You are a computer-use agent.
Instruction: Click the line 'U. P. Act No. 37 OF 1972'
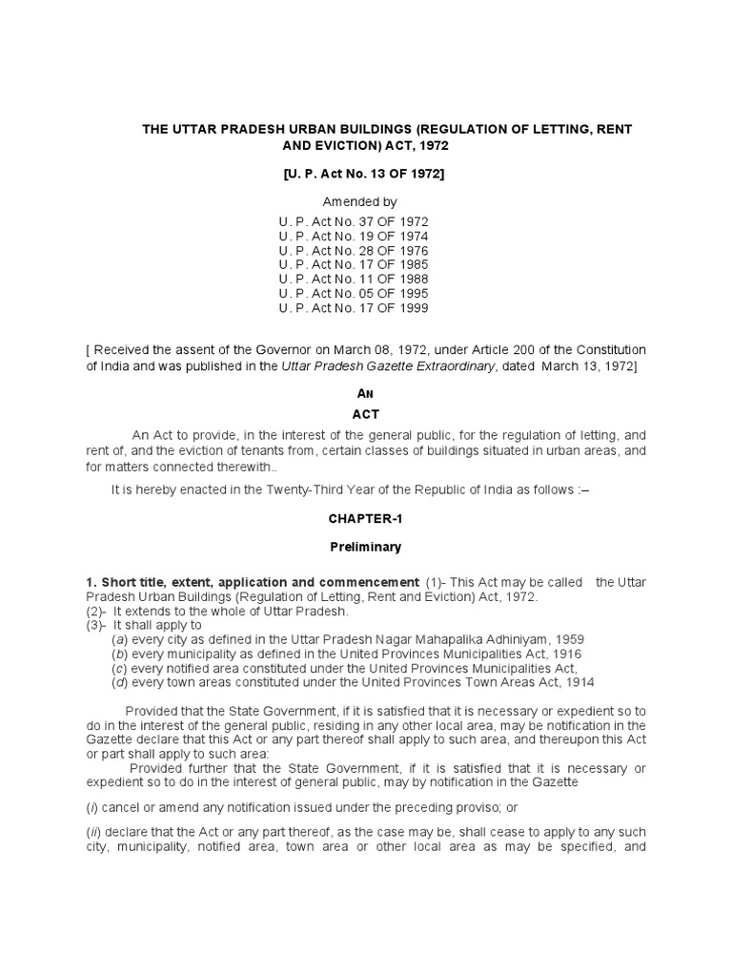(354, 221)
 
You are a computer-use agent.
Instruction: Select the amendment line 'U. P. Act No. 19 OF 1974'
(354, 236)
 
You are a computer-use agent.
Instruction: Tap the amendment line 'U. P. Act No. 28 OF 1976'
(354, 250)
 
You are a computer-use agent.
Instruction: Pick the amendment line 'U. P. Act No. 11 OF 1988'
(354, 280)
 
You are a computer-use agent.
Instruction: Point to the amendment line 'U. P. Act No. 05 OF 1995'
(354, 294)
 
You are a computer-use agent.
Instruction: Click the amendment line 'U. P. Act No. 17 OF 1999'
(354, 308)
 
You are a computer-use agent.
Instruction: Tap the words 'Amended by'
(359, 202)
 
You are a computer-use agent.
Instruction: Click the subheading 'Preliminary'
(366, 547)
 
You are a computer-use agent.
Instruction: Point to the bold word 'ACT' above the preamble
(366, 414)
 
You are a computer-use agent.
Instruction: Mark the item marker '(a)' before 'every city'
(120, 639)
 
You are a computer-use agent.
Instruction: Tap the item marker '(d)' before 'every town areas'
(120, 682)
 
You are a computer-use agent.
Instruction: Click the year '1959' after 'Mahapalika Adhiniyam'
(568, 639)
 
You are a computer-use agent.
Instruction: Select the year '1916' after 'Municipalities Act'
(564, 654)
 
